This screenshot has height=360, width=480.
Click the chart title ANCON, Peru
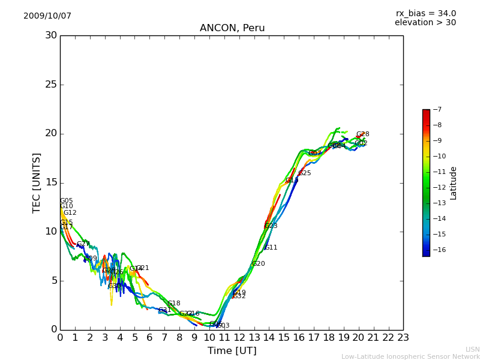pyautogui.click(x=232, y=28)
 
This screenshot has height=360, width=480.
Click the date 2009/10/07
pyautogui.click(x=47, y=16)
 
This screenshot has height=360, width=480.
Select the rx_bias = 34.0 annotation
pyautogui.click(x=425, y=13)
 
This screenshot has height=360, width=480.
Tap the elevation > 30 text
pyautogui.click(x=425, y=23)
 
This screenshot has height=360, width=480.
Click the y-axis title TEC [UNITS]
pyautogui.click(x=37, y=182)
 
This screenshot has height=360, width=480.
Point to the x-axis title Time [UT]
pyautogui.click(x=232, y=351)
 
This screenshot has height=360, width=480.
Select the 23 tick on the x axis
pyautogui.click(x=403, y=338)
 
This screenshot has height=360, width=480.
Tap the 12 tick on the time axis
pyautogui.click(x=239, y=338)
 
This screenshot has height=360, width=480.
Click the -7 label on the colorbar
pyautogui.click(x=436, y=110)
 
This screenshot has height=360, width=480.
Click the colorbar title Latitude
pyautogui.click(x=454, y=182)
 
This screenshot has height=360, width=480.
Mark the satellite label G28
pyautogui.click(x=362, y=134)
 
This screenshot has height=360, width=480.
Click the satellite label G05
pyautogui.click(x=66, y=201)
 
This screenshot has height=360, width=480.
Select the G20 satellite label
pyautogui.click(x=258, y=264)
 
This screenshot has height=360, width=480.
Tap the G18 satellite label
pyautogui.click(x=173, y=304)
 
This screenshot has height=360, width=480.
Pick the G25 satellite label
pyautogui.click(x=305, y=173)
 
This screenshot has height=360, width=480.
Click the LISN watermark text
pyautogui.click(x=472, y=349)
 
